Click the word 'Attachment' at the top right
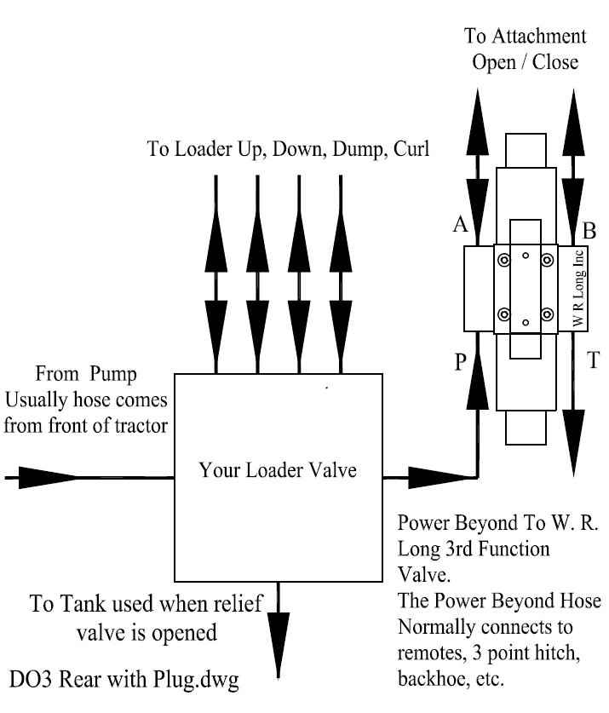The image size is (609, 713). [x=537, y=37]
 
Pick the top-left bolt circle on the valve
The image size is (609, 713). [x=504, y=259]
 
